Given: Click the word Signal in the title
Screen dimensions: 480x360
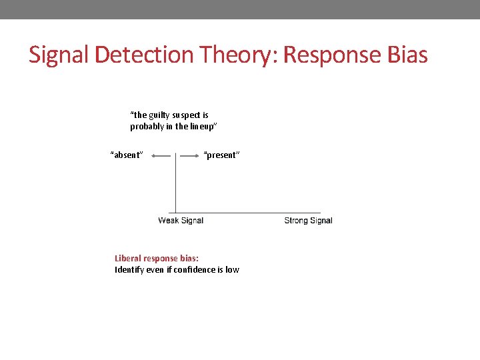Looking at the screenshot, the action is click(x=59, y=55).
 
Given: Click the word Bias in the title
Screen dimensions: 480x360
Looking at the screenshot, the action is click(x=406, y=55).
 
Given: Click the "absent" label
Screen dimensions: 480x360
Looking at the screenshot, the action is click(x=127, y=155).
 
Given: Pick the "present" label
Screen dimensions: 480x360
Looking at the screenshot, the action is click(x=221, y=155).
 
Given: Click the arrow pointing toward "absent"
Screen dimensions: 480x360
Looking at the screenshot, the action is click(x=161, y=155).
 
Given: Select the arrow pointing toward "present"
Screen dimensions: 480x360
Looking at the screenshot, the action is click(x=190, y=155).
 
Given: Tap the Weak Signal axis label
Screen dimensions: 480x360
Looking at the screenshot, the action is click(x=181, y=221).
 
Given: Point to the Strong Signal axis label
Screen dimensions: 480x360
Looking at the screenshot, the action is click(x=308, y=221).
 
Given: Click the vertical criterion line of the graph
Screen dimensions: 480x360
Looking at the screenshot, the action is click(x=175, y=187).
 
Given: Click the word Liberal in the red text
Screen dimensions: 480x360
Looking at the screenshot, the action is click(x=129, y=258).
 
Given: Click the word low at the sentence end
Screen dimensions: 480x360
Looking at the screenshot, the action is click(x=232, y=270).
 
